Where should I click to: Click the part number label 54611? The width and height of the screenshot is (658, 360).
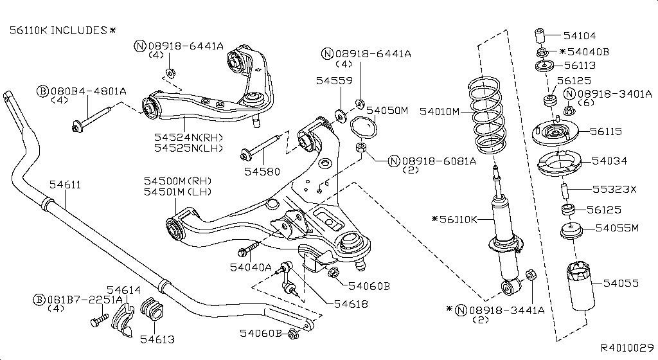(x=65, y=184)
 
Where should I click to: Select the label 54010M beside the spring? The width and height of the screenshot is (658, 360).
(x=440, y=111)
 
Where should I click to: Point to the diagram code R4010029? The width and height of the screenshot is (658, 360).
(x=627, y=347)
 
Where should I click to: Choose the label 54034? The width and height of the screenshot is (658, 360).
(x=610, y=161)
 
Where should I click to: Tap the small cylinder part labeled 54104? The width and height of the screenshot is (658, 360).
(x=540, y=33)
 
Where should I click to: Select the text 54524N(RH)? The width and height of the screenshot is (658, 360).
(x=188, y=137)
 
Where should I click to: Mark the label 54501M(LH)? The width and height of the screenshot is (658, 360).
(x=177, y=192)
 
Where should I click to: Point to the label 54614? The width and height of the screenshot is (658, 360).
(x=123, y=290)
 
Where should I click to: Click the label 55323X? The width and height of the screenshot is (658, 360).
(x=614, y=190)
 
